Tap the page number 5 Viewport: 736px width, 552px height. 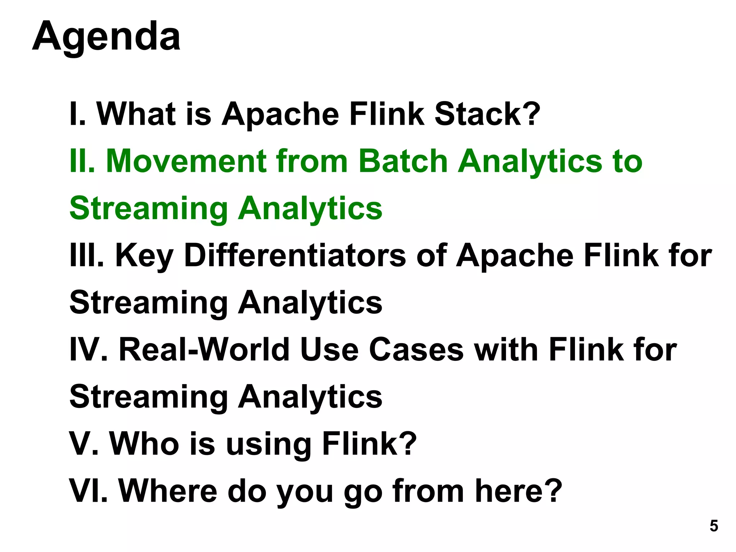(713, 526)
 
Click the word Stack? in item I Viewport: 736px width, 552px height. (487, 114)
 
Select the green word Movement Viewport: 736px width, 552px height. (186, 161)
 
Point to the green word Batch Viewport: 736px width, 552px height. (403, 161)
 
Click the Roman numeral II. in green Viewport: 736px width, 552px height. (82, 161)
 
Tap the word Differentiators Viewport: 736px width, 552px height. (295, 256)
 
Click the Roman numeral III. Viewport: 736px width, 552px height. (87, 256)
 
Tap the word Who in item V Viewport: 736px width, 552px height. (144, 444)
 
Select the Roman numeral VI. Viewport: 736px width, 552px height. (88, 491)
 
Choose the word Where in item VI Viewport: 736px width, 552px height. (168, 491)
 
